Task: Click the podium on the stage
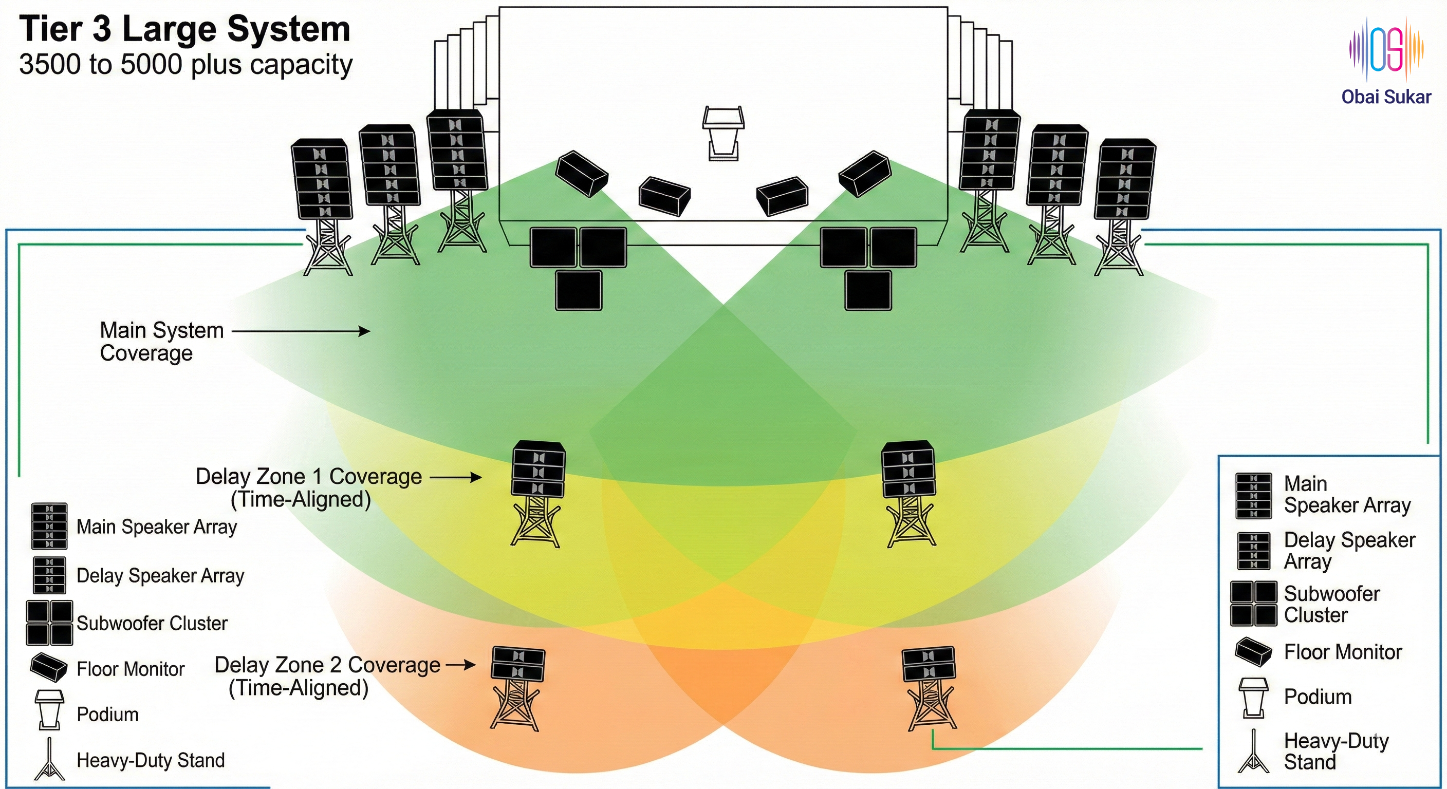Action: click(x=723, y=133)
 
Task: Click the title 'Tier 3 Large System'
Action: click(x=185, y=29)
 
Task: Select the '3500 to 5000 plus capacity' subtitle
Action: click(x=186, y=65)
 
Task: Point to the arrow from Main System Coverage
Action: click(x=301, y=331)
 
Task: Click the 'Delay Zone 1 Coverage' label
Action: click(x=308, y=477)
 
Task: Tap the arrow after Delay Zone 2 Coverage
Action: click(x=460, y=665)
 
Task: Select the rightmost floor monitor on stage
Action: click(x=864, y=173)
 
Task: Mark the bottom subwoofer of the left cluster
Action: click(x=579, y=290)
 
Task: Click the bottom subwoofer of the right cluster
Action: click(x=868, y=290)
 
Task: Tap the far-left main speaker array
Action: click(x=321, y=179)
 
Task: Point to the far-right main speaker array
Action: click(x=1125, y=179)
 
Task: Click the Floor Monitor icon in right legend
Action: click(x=1253, y=652)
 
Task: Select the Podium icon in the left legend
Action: click(x=49, y=710)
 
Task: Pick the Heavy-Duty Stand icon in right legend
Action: click(x=1253, y=752)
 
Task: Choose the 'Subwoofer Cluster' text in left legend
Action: click(x=152, y=623)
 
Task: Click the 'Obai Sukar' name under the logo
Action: click(x=1386, y=97)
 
